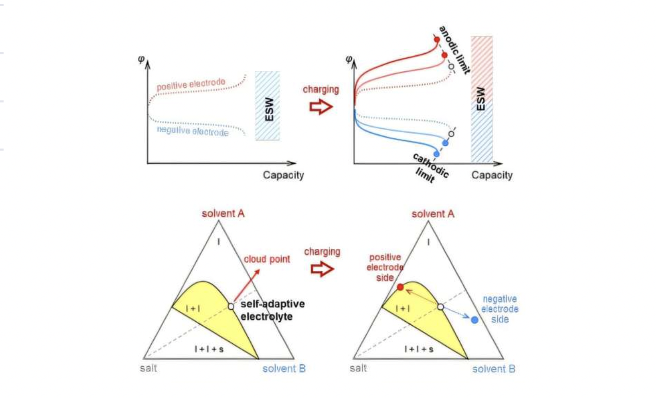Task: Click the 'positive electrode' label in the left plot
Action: click(x=191, y=84)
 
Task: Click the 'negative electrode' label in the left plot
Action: click(x=192, y=132)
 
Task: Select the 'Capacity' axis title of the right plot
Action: click(x=491, y=175)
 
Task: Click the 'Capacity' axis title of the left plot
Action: click(x=283, y=175)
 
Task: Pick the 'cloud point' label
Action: click(x=266, y=259)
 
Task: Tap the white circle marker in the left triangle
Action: click(x=231, y=306)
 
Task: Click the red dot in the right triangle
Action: click(x=400, y=287)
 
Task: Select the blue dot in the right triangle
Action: click(x=475, y=320)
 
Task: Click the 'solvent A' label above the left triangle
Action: click(x=222, y=213)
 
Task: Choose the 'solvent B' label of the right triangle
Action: click(x=494, y=369)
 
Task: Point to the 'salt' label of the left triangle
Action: click(x=149, y=368)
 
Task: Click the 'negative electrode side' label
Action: click(x=500, y=309)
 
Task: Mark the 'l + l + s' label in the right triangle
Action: click(x=418, y=349)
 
